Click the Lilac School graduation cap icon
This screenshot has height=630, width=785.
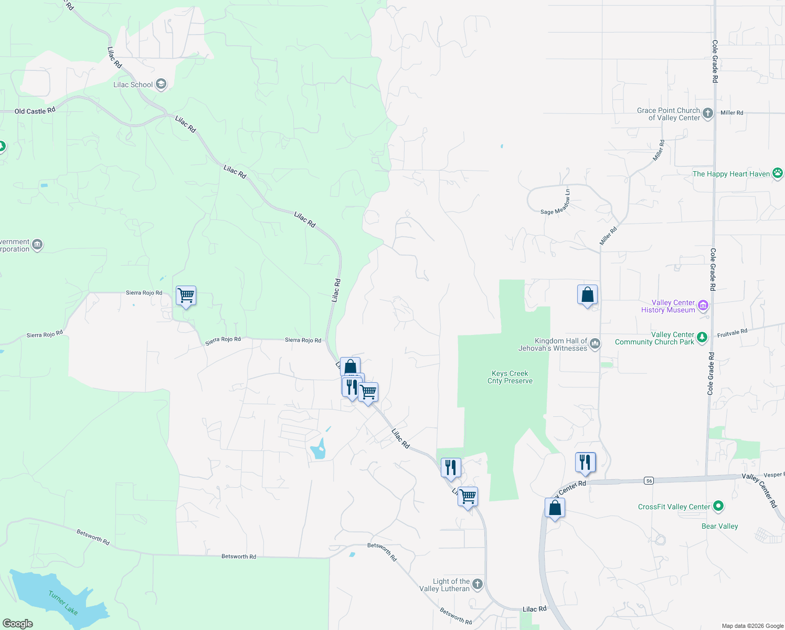coord(161,85)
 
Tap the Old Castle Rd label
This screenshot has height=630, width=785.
coord(35,111)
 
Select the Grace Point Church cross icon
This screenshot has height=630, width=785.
coord(707,113)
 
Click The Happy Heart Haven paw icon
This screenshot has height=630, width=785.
coord(777,173)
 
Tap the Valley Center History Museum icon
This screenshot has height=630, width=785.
coord(703,305)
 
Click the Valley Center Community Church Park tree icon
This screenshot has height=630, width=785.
coord(702,337)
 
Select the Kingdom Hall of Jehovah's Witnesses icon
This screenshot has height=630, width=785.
coord(595,344)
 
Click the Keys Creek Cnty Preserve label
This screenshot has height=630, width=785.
coord(510,377)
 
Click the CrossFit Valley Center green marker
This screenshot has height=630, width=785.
coord(718,506)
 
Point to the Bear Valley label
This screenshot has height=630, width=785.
coord(719,526)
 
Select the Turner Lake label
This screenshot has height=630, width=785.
coord(63,602)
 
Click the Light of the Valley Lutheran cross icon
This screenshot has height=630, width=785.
coord(477,584)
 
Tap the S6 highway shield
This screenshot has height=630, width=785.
coord(649,481)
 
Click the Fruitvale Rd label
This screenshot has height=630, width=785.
coord(732,333)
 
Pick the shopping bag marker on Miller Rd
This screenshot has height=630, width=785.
coord(587,295)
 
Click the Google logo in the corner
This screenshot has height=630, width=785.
coord(18,624)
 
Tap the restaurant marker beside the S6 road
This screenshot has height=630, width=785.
coord(585,463)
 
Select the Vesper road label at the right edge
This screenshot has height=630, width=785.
coord(773,475)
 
